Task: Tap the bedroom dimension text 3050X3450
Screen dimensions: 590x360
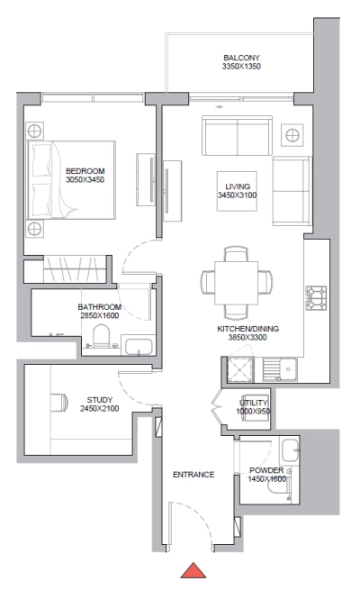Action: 85,180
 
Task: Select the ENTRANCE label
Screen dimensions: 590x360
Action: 193,474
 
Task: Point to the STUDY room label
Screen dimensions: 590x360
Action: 100,398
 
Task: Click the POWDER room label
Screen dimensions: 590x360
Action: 266,471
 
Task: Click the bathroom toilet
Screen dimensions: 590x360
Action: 101,338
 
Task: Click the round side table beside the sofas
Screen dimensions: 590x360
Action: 292,135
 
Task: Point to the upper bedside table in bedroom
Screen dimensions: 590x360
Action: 33,128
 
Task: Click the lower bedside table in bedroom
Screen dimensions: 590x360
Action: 33,226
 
